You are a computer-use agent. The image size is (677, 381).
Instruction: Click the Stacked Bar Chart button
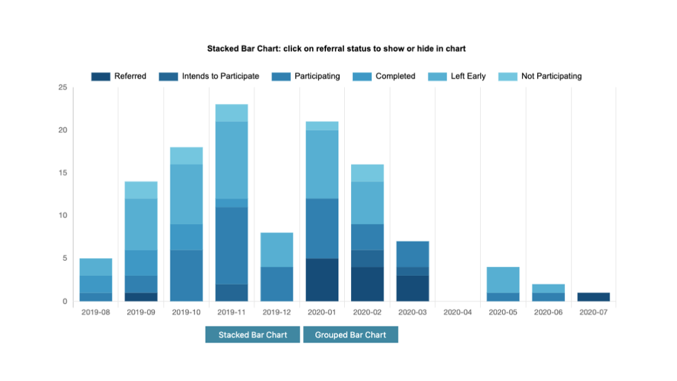point(253,334)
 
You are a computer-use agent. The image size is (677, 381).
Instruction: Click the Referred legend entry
point(119,76)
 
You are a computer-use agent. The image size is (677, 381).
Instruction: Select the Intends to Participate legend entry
point(209,76)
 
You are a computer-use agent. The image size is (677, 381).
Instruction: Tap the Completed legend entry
point(385,76)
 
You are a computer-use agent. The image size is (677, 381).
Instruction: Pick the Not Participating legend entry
point(540,76)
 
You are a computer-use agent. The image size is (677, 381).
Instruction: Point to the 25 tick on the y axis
point(62,88)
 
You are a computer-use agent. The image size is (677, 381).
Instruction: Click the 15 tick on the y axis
point(62,173)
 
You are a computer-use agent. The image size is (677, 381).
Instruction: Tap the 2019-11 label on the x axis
point(232,312)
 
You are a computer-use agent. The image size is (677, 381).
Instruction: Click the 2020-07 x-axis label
point(593,312)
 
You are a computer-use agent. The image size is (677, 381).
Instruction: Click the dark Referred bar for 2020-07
point(593,297)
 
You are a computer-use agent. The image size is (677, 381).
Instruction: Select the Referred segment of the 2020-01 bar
point(322,280)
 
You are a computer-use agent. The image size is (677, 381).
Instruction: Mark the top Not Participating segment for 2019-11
point(232,113)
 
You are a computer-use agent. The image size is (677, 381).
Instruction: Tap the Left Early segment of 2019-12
point(277,249)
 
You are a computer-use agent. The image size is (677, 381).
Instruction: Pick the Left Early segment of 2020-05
point(503,280)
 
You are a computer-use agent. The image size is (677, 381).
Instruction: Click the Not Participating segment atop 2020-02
point(367,173)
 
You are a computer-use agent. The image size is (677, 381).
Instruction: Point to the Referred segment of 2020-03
point(413,288)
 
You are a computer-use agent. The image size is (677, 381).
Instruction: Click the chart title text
point(337,48)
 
